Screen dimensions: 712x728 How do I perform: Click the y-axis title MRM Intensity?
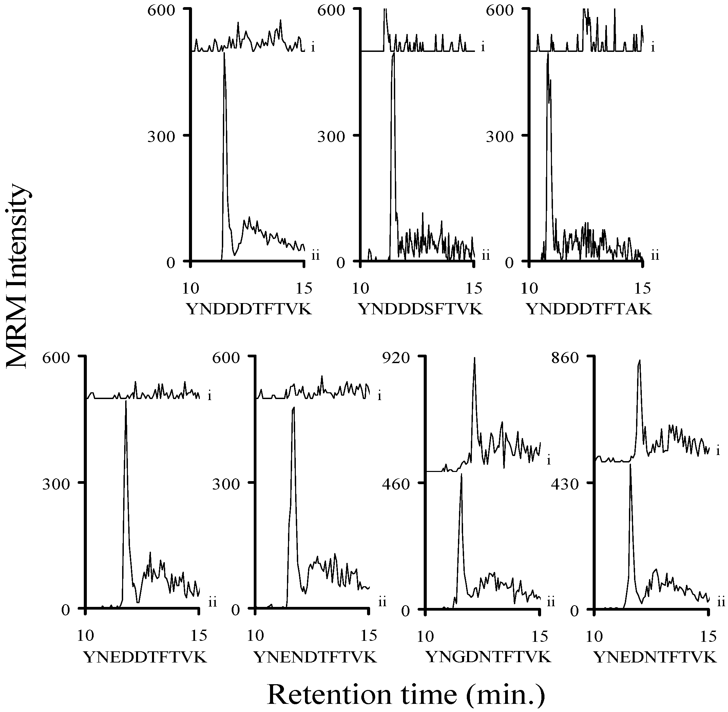click(18, 276)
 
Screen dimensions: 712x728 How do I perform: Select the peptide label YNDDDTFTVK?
click(248, 309)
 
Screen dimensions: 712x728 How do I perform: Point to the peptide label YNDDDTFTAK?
click(589, 309)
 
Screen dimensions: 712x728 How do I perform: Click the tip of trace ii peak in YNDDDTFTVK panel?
click(224, 54)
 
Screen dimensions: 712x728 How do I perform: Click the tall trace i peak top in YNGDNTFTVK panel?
click(474, 358)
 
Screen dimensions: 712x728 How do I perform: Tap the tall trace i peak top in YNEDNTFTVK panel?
click(639, 361)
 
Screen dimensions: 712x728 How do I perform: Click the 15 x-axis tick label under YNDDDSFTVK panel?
click(474, 288)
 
